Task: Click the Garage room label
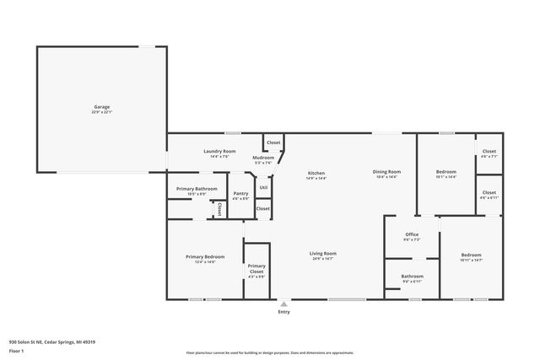pos(101,108)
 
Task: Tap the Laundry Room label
pos(219,152)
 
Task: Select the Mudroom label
pos(262,159)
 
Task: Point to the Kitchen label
pos(316,174)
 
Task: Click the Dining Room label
pos(386,174)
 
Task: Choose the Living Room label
pos(323,254)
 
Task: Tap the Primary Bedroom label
pos(205,257)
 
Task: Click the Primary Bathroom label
pos(196,189)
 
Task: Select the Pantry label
pos(240,195)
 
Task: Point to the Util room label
pos(263,187)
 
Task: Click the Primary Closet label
pos(256,269)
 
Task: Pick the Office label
pos(412,235)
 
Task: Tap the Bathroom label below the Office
pos(412,277)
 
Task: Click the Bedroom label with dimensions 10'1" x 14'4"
pos(445,173)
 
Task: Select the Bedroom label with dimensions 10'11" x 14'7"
pos(471,256)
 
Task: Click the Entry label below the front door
pos(283,312)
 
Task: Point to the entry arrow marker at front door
pos(283,304)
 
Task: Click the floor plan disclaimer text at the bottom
pos(269,352)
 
